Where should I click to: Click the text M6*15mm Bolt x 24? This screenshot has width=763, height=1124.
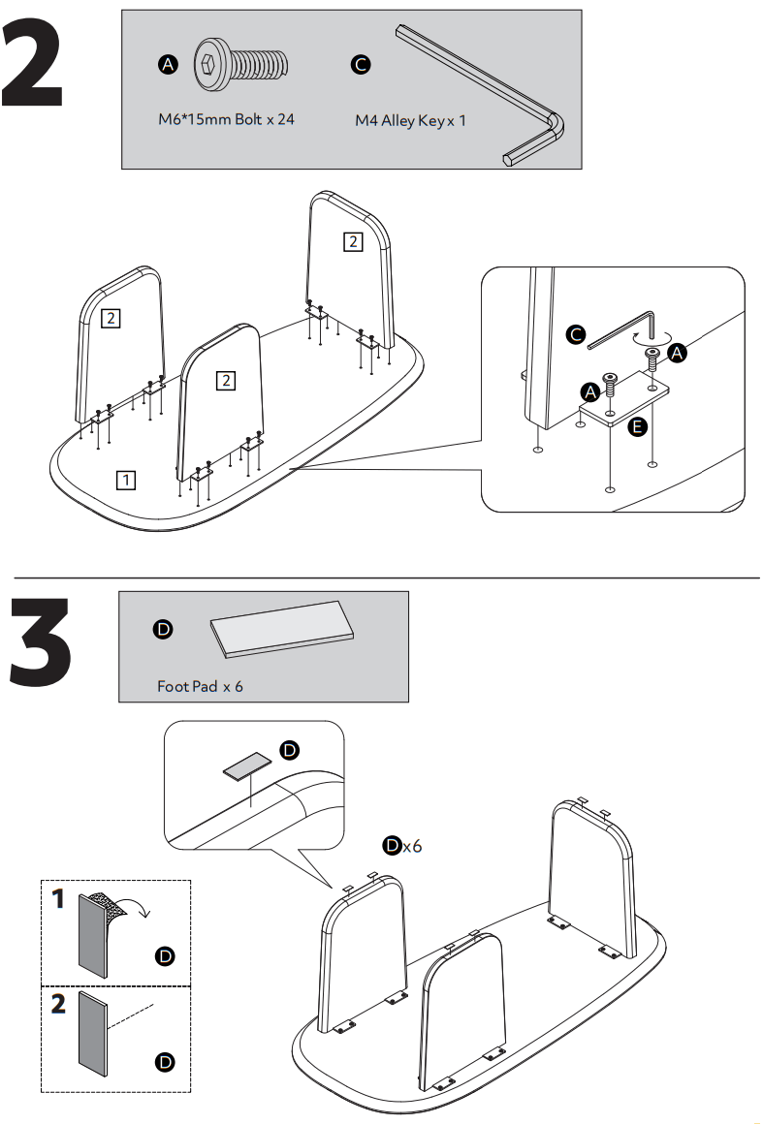226,121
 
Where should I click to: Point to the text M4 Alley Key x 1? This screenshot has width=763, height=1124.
410,122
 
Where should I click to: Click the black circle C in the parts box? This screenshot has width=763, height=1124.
359,65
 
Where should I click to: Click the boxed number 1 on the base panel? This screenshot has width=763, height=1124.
126,478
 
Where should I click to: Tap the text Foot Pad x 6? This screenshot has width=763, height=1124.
200,686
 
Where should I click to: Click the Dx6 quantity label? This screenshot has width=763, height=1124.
401,846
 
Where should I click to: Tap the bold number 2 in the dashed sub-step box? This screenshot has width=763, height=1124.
58,1004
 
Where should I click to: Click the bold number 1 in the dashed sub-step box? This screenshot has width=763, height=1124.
58,899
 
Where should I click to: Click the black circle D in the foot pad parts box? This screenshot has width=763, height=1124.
163,630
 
